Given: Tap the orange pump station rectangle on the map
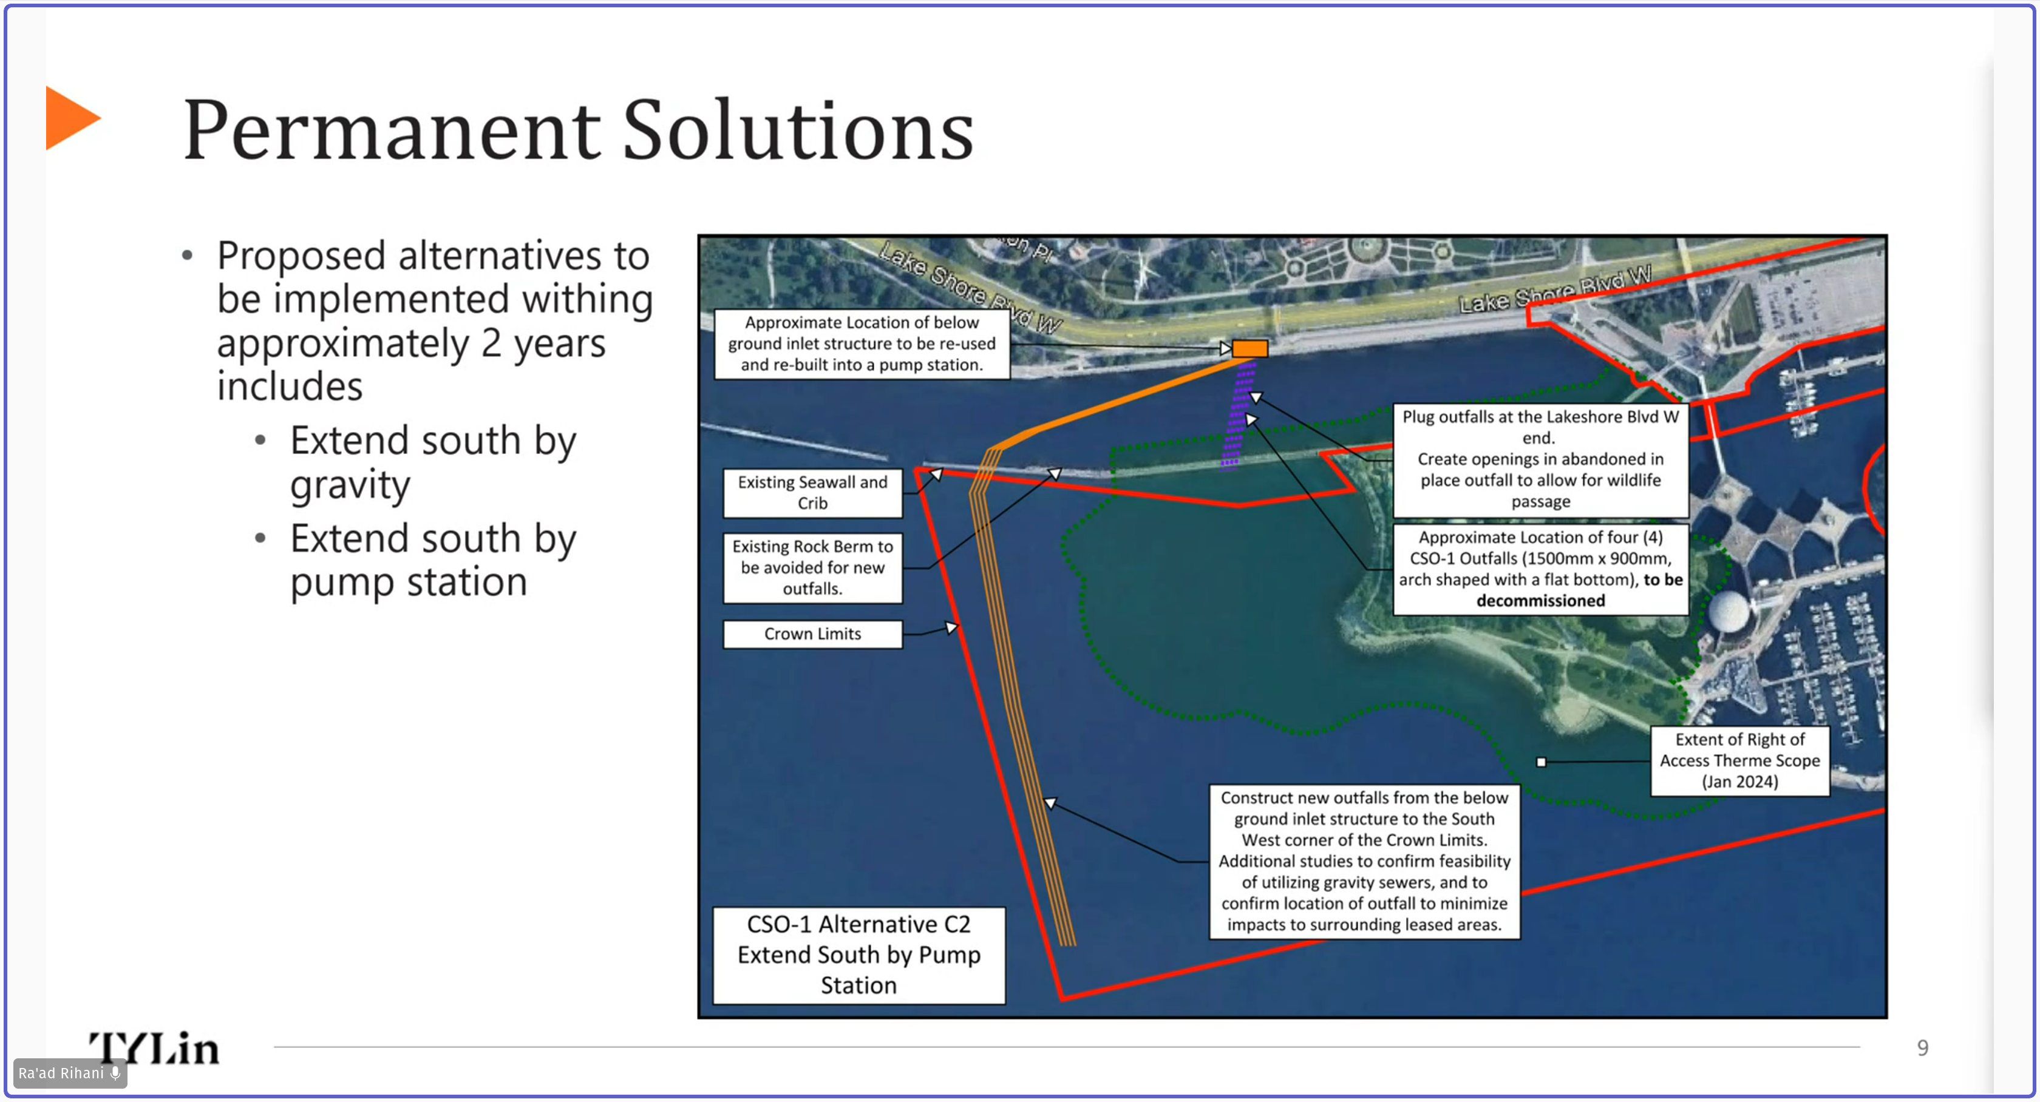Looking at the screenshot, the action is pyautogui.click(x=1249, y=348).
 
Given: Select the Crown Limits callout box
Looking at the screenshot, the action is pyautogui.click(x=812, y=634).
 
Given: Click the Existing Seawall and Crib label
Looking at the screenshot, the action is pyautogui.click(x=812, y=492).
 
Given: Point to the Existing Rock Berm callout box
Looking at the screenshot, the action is pyautogui.click(x=812, y=567).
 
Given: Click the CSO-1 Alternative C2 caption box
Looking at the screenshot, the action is pyautogui.click(x=858, y=955).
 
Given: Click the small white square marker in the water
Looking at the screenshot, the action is pyautogui.click(x=1541, y=762).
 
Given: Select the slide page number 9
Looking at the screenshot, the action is pyautogui.click(x=1923, y=1048).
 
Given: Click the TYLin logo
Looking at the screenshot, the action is pyautogui.click(x=154, y=1048).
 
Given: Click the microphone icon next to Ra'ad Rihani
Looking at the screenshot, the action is pyautogui.click(x=115, y=1073).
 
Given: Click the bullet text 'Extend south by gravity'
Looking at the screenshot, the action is pyautogui.click(x=433, y=462).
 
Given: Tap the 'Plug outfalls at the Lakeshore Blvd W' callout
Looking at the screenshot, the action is pyautogui.click(x=1540, y=459).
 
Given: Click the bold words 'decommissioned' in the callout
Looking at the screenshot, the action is pyautogui.click(x=1540, y=601).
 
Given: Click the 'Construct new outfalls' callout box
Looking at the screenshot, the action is pyautogui.click(x=1364, y=861).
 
